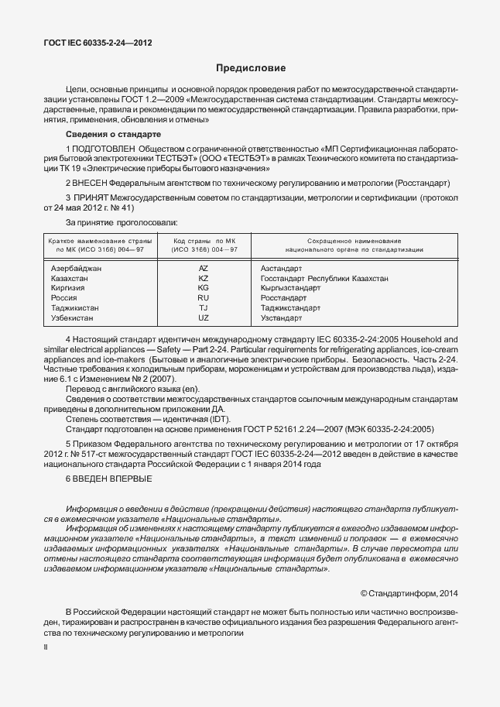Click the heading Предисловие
[x=250, y=68]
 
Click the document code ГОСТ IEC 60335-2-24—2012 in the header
[x=97, y=43]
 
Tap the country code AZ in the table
[x=204, y=268]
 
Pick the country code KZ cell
[x=204, y=278]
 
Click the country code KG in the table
[x=204, y=288]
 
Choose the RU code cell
[x=204, y=298]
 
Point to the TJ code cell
[x=204, y=308]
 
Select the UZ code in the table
[x=204, y=318]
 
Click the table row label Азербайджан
[x=76, y=268]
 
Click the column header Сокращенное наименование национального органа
[x=353, y=245]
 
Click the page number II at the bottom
[x=45, y=644]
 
